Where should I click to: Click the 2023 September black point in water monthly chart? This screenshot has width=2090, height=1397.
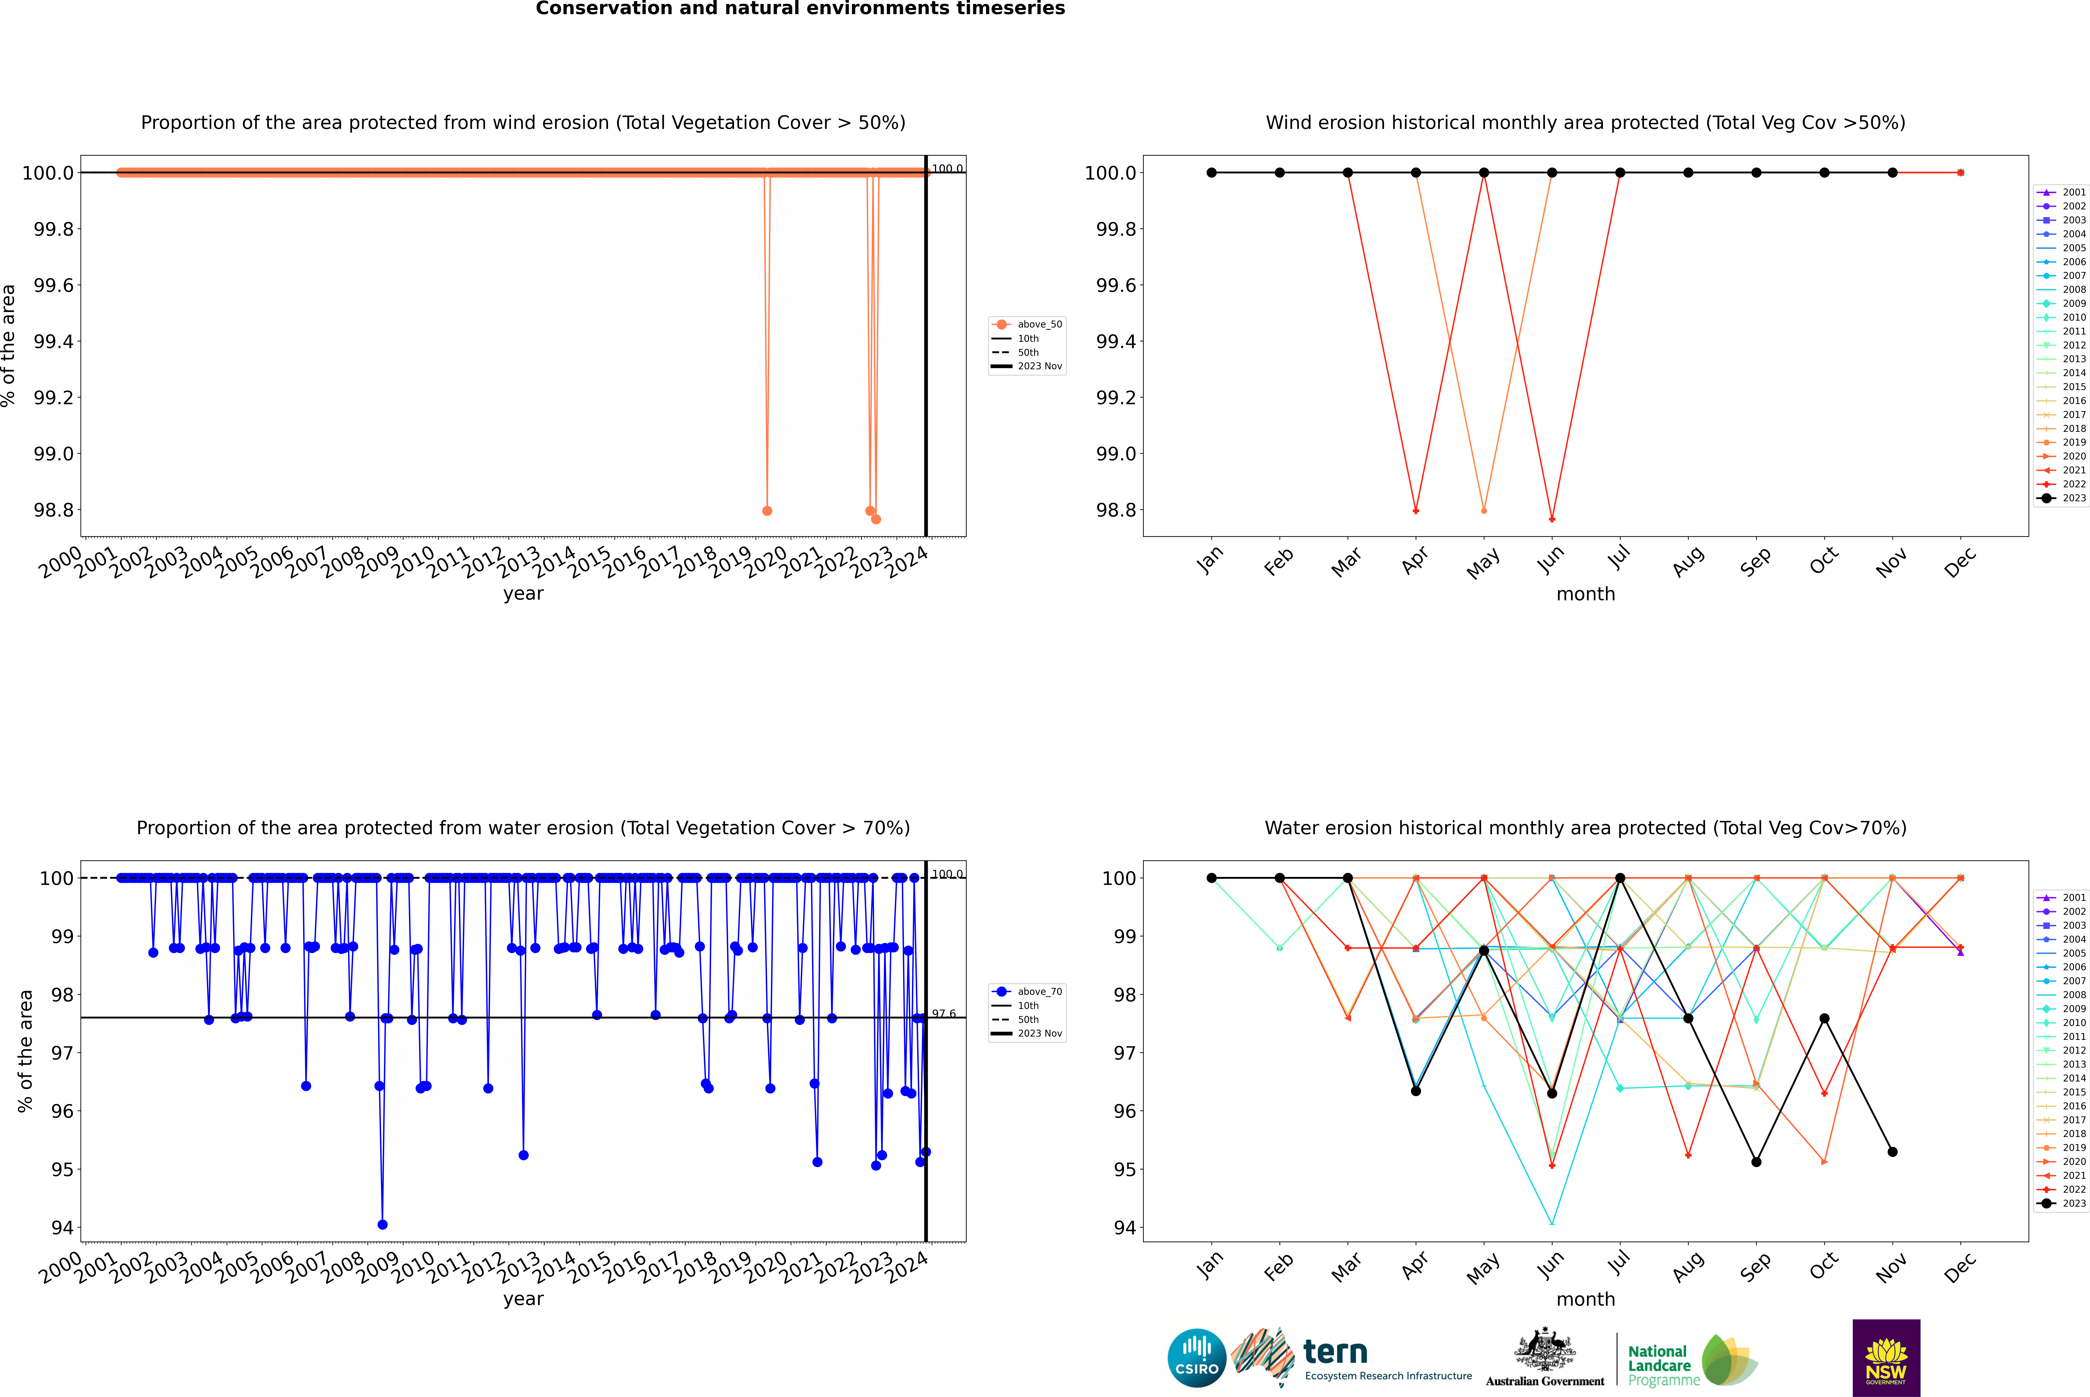[x=1756, y=1162]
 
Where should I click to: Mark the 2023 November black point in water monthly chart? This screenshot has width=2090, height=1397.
[x=1892, y=1152]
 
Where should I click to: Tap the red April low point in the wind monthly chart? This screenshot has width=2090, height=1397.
[x=1416, y=511]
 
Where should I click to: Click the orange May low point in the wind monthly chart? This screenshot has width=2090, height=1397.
[x=1483, y=511]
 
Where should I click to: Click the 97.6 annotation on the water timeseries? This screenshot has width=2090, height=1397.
[x=943, y=1014]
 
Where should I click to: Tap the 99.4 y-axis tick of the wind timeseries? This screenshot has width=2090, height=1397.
[x=54, y=341]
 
